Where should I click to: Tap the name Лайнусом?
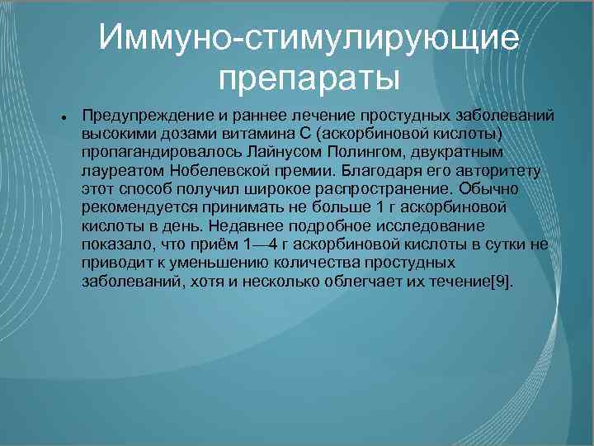(x=272, y=154)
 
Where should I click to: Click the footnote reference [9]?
(x=501, y=282)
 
